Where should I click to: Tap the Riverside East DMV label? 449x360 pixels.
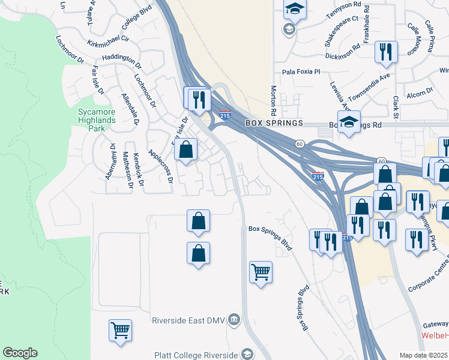(189, 319)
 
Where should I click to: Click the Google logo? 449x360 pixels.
(20, 353)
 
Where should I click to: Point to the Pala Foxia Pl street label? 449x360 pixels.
(303, 71)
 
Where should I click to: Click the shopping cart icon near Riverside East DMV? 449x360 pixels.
(261, 272)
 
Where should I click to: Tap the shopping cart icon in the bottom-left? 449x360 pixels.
(120, 330)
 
